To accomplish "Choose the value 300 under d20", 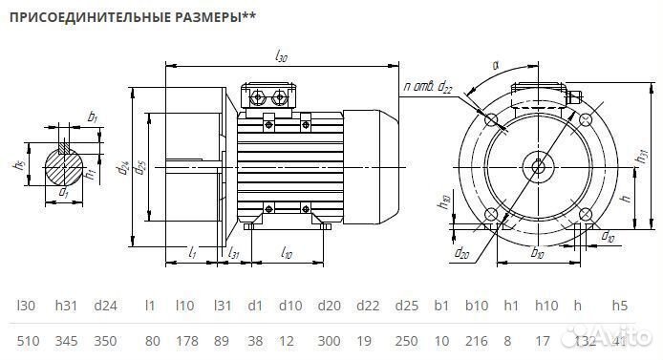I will point(328,342).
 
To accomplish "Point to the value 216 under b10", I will point(475,342).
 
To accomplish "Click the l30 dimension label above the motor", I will point(281,58).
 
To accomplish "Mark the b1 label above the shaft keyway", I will point(92,116).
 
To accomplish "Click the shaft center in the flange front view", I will point(538,168).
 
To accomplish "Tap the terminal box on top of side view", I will point(269,96).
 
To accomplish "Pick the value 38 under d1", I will point(255,342).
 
